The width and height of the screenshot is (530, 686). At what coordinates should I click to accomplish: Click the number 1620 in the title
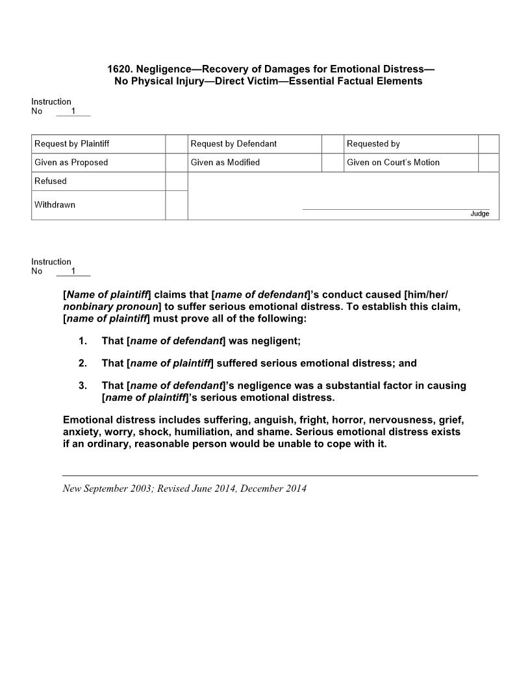[119, 69]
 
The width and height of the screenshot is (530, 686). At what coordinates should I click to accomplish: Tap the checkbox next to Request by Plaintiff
[176, 144]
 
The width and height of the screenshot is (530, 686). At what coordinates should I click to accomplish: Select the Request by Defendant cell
[234, 144]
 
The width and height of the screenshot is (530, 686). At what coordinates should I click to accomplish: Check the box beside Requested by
[488, 144]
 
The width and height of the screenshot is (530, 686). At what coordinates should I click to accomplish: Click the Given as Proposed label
[71, 162]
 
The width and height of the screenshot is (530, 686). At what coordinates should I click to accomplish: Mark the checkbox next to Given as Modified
[333, 162]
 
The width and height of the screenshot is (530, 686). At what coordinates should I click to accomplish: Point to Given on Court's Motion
[393, 162]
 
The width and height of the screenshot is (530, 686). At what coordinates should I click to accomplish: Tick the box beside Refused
[176, 181]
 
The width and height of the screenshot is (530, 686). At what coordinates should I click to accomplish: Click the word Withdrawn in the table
[55, 205]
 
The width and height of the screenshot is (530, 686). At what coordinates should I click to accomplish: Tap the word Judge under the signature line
[480, 214]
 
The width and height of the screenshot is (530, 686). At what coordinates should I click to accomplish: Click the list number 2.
[82, 363]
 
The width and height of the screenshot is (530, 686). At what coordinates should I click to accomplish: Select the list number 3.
[82, 385]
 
